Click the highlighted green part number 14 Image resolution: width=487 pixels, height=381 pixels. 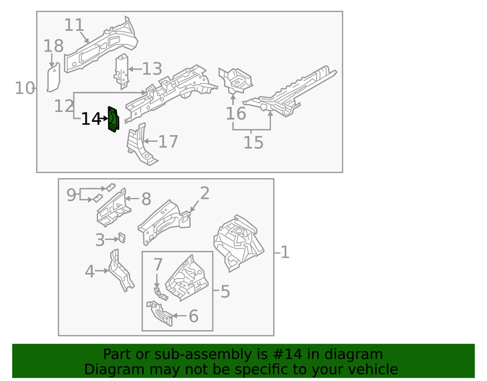click(113, 119)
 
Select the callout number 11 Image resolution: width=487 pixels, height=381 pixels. click(74, 25)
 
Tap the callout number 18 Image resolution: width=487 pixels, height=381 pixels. click(54, 46)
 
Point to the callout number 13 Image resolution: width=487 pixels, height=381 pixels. click(151, 69)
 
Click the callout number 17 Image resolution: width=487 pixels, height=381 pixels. click(168, 142)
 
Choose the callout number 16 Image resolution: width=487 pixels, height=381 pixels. click(236, 114)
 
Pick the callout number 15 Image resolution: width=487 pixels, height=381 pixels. click(253, 143)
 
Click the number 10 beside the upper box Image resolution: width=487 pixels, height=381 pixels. click(24, 88)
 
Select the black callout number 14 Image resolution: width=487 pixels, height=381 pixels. click(91, 119)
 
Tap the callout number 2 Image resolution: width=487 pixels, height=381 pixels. click(205, 194)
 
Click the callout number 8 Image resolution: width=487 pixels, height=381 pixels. click(146, 199)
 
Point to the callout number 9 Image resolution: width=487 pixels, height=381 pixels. click(72, 195)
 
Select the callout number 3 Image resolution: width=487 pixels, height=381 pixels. click(100, 240)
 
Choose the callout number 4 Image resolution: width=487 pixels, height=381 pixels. click(90, 272)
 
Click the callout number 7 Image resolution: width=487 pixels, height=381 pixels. click(158, 265)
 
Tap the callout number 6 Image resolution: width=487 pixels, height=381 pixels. click(193, 317)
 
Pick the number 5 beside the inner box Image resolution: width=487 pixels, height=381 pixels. click(225, 292)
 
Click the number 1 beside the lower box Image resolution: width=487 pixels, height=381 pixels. click(285, 252)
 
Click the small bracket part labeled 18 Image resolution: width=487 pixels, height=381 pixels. click(53, 78)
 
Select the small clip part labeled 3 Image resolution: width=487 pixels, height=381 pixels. click(122, 238)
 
